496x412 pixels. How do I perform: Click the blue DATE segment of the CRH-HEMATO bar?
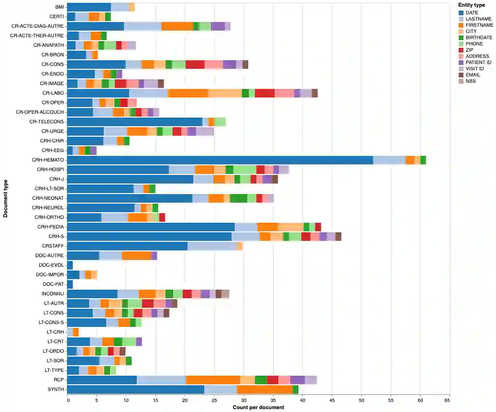(x=220, y=160)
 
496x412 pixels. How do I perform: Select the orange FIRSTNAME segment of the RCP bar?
(x=213, y=380)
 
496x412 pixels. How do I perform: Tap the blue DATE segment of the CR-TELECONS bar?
(x=134, y=122)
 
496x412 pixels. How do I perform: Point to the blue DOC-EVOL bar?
(x=70, y=265)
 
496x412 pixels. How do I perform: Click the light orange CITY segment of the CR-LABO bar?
(x=225, y=93)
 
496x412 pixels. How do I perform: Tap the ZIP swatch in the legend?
(x=461, y=50)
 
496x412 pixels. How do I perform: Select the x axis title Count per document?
(x=258, y=408)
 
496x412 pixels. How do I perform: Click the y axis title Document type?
(x=5, y=198)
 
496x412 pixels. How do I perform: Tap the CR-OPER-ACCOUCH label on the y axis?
(x=40, y=112)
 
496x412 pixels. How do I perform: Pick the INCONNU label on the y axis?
(x=53, y=294)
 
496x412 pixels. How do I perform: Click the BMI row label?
(x=59, y=7)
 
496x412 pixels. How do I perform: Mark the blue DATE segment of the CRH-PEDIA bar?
(x=151, y=227)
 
